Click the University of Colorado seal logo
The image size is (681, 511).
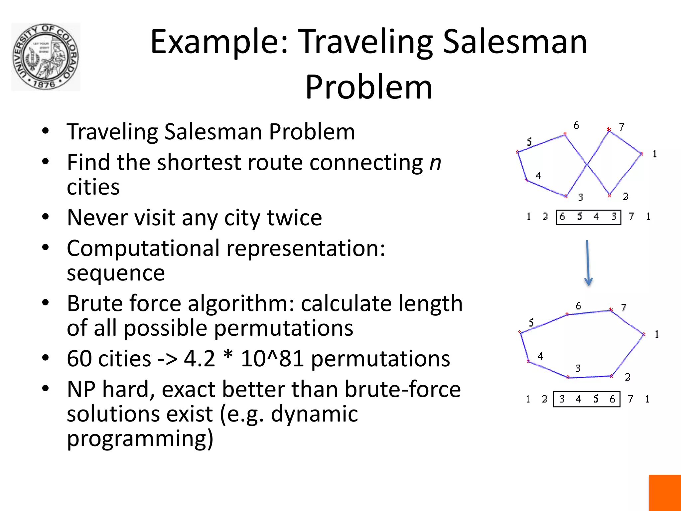[x=46, y=57]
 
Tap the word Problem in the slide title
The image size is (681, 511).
[x=368, y=87]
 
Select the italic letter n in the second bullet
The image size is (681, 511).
[x=435, y=163]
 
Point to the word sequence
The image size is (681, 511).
[x=116, y=273]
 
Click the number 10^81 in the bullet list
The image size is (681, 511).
[x=272, y=359]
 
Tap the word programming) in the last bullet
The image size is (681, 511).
[x=140, y=438]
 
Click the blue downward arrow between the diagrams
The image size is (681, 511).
[x=588, y=263]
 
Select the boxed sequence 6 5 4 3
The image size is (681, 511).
[x=588, y=217]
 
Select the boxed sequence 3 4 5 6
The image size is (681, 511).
[x=587, y=399]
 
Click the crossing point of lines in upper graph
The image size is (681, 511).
[x=587, y=164]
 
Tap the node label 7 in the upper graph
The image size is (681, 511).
[x=621, y=127]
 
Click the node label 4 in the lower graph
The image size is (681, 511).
[x=540, y=356]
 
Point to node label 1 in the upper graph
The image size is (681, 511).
[x=654, y=154]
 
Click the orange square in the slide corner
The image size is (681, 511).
[x=665, y=493]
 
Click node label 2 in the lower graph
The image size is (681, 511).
[x=627, y=377]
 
